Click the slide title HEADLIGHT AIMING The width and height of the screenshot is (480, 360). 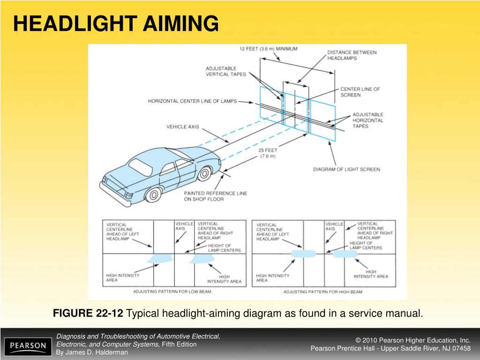[x=116, y=23]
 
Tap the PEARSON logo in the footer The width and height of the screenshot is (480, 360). [x=28, y=346]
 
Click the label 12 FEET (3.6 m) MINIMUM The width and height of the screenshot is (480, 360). [x=268, y=49]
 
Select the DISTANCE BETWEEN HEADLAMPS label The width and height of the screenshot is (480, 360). [x=345, y=55]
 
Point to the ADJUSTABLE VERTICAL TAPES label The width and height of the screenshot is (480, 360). [x=225, y=71]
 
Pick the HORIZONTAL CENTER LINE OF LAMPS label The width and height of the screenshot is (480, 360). [x=192, y=101]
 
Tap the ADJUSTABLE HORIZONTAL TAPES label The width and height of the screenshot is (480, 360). [x=367, y=120]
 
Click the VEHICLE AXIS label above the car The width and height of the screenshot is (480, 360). [x=183, y=127]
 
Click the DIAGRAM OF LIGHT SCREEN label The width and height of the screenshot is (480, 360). [x=346, y=169]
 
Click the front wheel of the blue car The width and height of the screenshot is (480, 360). [x=204, y=174]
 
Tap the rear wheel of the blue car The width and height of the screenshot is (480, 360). [x=152, y=194]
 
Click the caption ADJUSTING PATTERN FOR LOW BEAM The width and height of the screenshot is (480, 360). [x=172, y=292]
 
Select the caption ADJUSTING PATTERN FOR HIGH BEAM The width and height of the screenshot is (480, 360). [x=322, y=292]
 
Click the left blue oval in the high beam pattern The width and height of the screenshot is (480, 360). [x=303, y=254]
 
